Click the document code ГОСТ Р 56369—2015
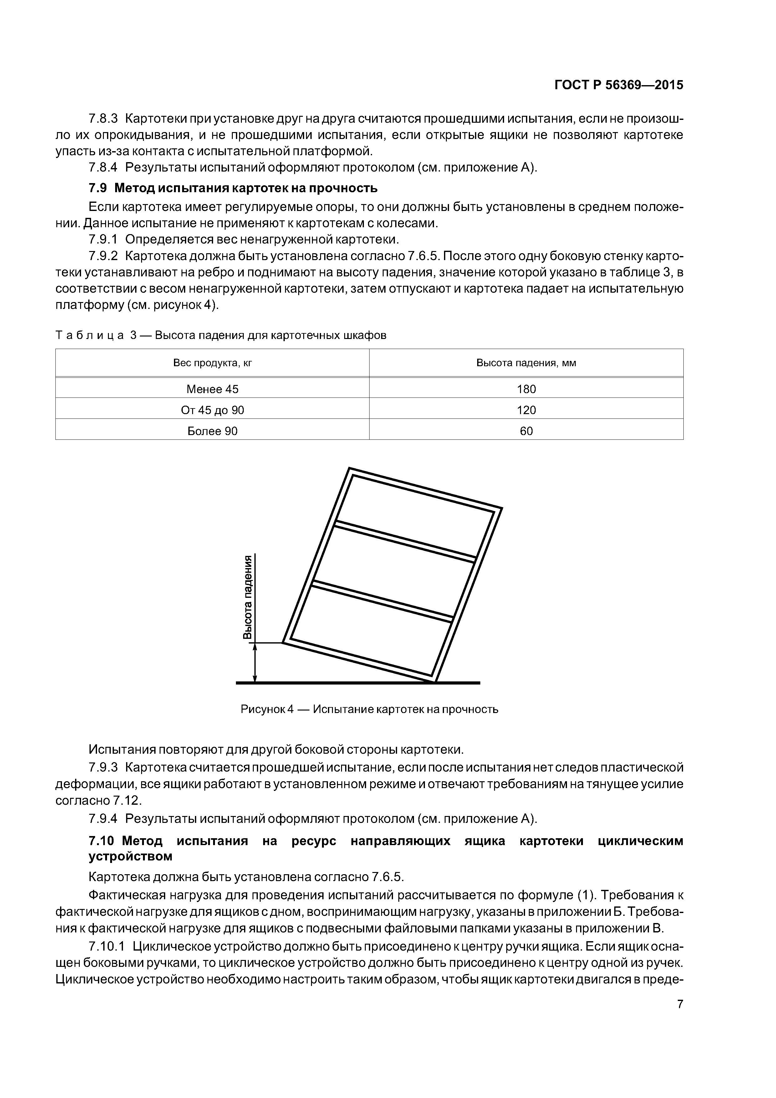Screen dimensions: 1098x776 [x=618, y=85]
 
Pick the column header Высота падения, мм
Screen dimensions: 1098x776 [x=526, y=363]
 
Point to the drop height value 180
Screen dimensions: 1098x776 [x=526, y=389]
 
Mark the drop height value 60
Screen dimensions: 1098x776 [x=526, y=431]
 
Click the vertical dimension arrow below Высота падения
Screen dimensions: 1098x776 [x=255, y=662]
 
